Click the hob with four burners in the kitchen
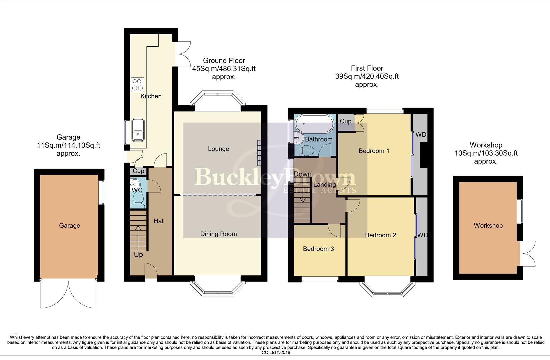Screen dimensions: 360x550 138,84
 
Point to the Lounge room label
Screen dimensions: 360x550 218,149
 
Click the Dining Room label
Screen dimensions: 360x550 218,234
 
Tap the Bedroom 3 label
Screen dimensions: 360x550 318,249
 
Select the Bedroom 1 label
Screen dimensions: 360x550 374,151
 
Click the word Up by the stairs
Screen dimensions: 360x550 138,255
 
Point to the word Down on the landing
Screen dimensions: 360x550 302,174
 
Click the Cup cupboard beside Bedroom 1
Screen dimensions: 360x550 346,122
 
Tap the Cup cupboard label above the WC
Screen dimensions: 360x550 138,171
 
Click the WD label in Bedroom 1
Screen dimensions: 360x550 421,135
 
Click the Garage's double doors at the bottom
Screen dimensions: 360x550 68,293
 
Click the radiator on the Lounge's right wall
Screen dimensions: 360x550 259,152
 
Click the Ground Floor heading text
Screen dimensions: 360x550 224,61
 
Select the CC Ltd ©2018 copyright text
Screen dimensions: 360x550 276,352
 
